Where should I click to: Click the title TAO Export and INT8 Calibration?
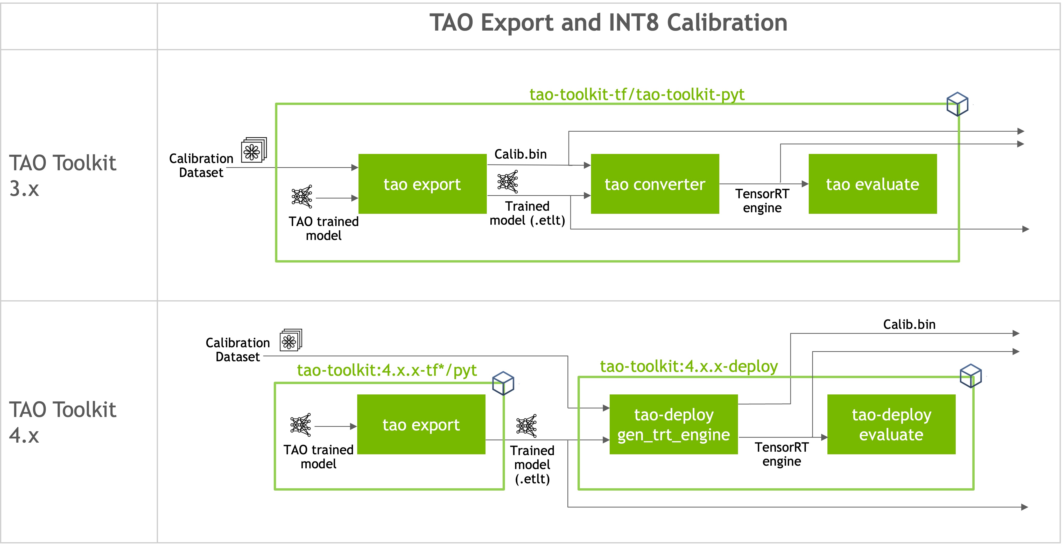click(608, 23)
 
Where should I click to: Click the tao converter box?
click(655, 184)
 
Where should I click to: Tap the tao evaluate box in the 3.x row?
click(872, 184)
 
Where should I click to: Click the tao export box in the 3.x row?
click(422, 184)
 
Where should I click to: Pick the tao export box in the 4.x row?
click(421, 424)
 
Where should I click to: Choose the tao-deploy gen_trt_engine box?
click(673, 424)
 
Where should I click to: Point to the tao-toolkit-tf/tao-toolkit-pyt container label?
click(637, 94)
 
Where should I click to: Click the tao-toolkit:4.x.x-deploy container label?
click(688, 366)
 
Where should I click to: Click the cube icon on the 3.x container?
click(957, 104)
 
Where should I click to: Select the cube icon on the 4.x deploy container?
click(970, 375)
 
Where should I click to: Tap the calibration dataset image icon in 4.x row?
click(291, 340)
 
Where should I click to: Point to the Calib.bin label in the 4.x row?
click(909, 324)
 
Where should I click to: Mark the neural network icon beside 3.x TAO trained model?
click(302, 197)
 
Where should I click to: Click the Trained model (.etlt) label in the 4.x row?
click(532, 465)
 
